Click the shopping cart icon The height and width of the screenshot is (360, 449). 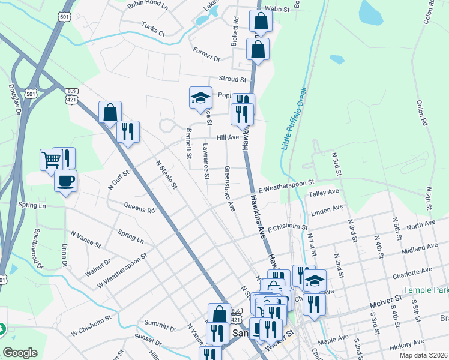(51, 160)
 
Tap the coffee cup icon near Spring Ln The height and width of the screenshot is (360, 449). (65, 180)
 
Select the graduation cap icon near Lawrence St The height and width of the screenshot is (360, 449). (200, 98)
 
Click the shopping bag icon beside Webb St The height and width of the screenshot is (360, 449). (261, 22)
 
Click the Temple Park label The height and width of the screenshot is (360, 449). (426, 290)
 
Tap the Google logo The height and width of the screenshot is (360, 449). (20, 353)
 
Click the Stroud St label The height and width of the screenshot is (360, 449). (233, 79)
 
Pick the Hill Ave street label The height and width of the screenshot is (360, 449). (228, 137)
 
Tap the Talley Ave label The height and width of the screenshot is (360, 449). (324, 193)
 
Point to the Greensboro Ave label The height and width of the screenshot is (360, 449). (229, 188)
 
